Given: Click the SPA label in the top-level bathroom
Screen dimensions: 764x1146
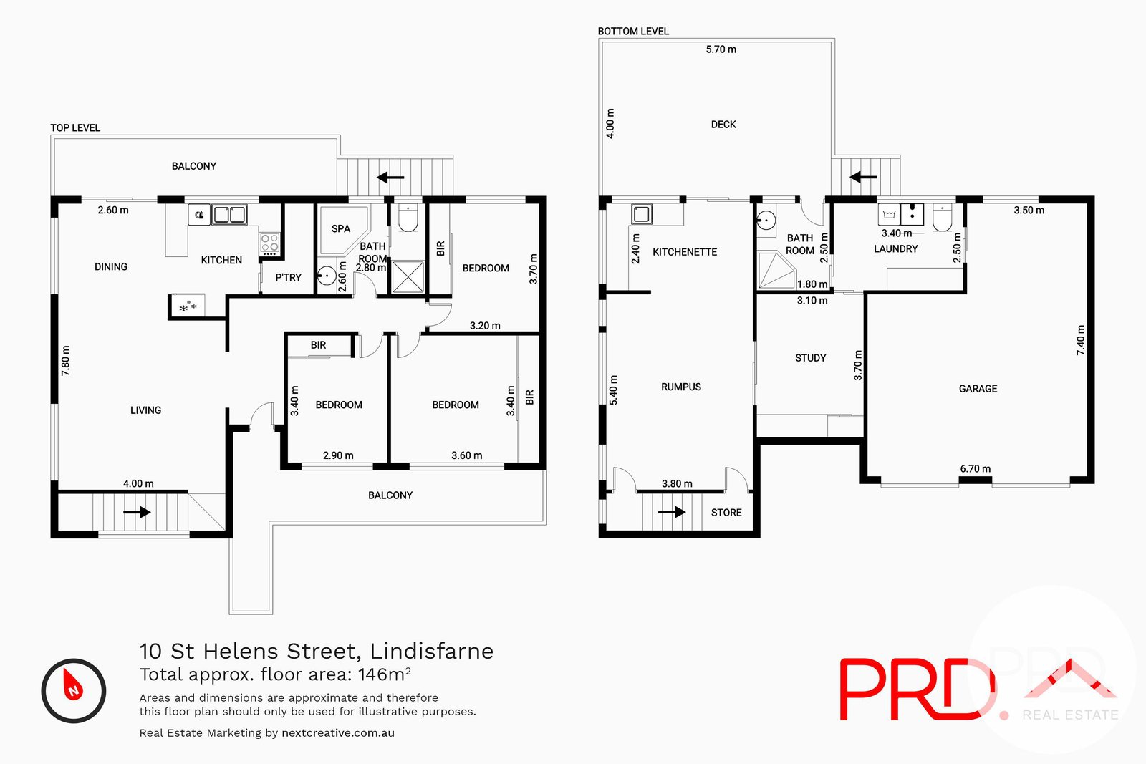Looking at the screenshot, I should pyautogui.click(x=341, y=229).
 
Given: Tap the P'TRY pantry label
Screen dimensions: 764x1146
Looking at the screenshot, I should pyautogui.click(x=288, y=278).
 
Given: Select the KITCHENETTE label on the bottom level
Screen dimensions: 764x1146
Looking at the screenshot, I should pyautogui.click(x=685, y=252).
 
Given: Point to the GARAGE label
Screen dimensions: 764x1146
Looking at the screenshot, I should pyautogui.click(x=978, y=389).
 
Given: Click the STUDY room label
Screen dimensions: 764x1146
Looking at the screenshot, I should pyautogui.click(x=810, y=358).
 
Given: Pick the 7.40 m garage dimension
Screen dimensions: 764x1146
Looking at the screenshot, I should pyautogui.click(x=1081, y=340).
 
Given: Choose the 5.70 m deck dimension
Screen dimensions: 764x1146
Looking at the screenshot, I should pyautogui.click(x=721, y=49).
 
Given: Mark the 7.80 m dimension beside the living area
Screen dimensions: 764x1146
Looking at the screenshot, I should pyautogui.click(x=66, y=361).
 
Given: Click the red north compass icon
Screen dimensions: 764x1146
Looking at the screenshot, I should pyautogui.click(x=74, y=690).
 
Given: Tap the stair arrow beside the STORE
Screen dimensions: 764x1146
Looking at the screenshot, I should pyautogui.click(x=672, y=512).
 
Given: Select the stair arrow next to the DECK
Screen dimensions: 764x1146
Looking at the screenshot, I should pyautogui.click(x=863, y=177).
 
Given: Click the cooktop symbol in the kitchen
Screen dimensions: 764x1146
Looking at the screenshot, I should pyautogui.click(x=269, y=243).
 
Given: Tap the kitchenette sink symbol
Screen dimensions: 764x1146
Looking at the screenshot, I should pyautogui.click(x=641, y=213).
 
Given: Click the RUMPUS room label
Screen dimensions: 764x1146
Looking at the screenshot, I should pyautogui.click(x=680, y=387).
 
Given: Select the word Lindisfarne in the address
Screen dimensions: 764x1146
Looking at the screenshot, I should pyautogui.click(x=431, y=651).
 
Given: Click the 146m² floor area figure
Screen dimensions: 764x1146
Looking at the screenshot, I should pyautogui.click(x=384, y=674).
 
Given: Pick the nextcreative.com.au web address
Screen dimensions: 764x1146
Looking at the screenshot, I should pyautogui.click(x=338, y=733).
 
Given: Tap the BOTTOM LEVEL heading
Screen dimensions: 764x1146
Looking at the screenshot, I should pyautogui.click(x=633, y=32).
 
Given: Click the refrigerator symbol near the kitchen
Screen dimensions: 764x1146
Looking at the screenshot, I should pyautogui.click(x=188, y=306).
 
